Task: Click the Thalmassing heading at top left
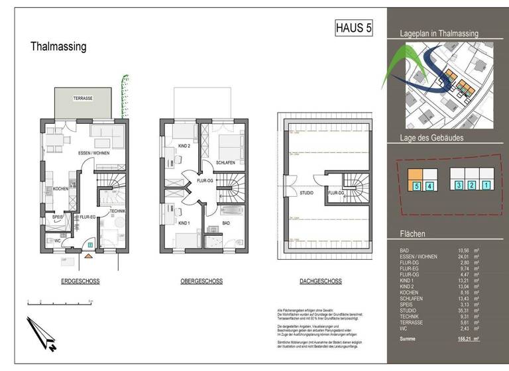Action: pos(58,47)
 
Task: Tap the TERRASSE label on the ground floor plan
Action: pos(83,98)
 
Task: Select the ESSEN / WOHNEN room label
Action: pos(93,153)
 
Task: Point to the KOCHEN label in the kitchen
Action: pos(61,187)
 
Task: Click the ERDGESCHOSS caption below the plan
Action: pos(80,282)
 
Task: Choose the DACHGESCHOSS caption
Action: pos(321,282)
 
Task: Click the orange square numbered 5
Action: pos(416,187)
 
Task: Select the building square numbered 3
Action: pos(458,185)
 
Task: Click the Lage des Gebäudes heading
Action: pos(431,137)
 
